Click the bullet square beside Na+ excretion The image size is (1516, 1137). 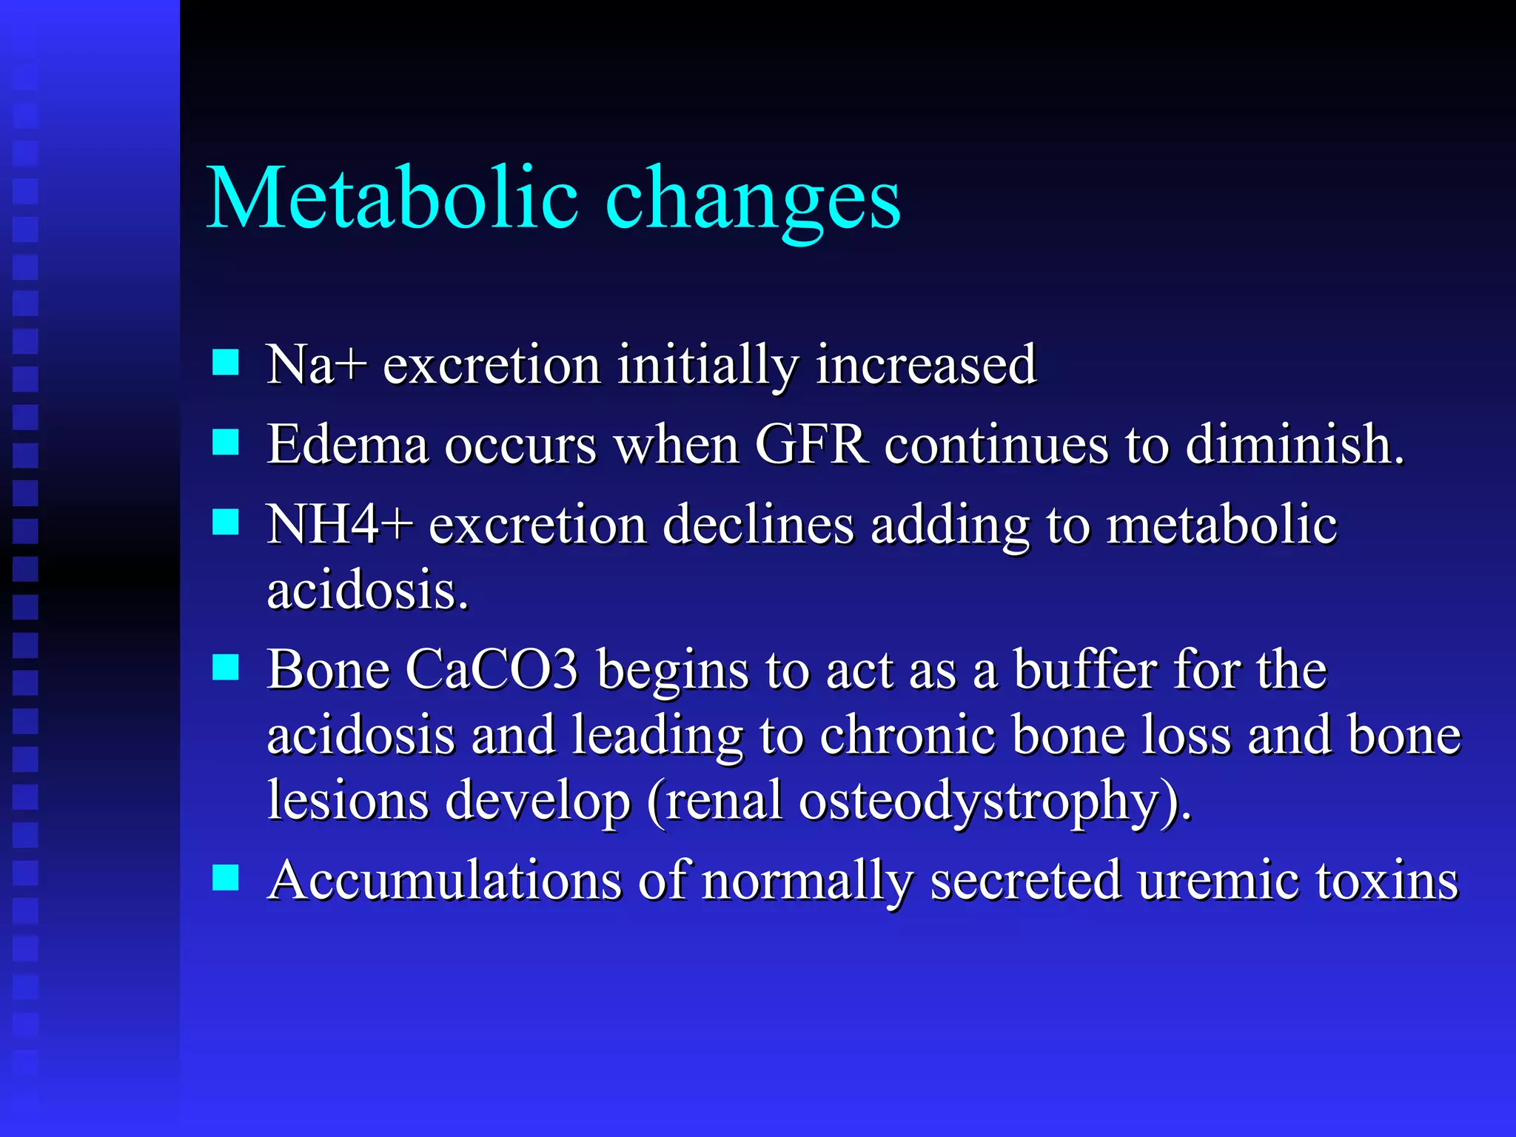tap(225, 363)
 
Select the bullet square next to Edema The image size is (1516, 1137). tap(225, 443)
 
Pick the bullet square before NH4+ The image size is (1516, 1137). tap(225, 522)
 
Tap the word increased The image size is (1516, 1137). tap(925, 364)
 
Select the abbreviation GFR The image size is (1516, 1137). tap(811, 444)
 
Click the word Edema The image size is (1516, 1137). tap(348, 444)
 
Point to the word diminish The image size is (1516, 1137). tap(1294, 444)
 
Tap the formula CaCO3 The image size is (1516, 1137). tap(492, 669)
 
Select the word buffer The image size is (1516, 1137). tap(1085, 669)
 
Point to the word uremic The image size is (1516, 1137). tap(1218, 880)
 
